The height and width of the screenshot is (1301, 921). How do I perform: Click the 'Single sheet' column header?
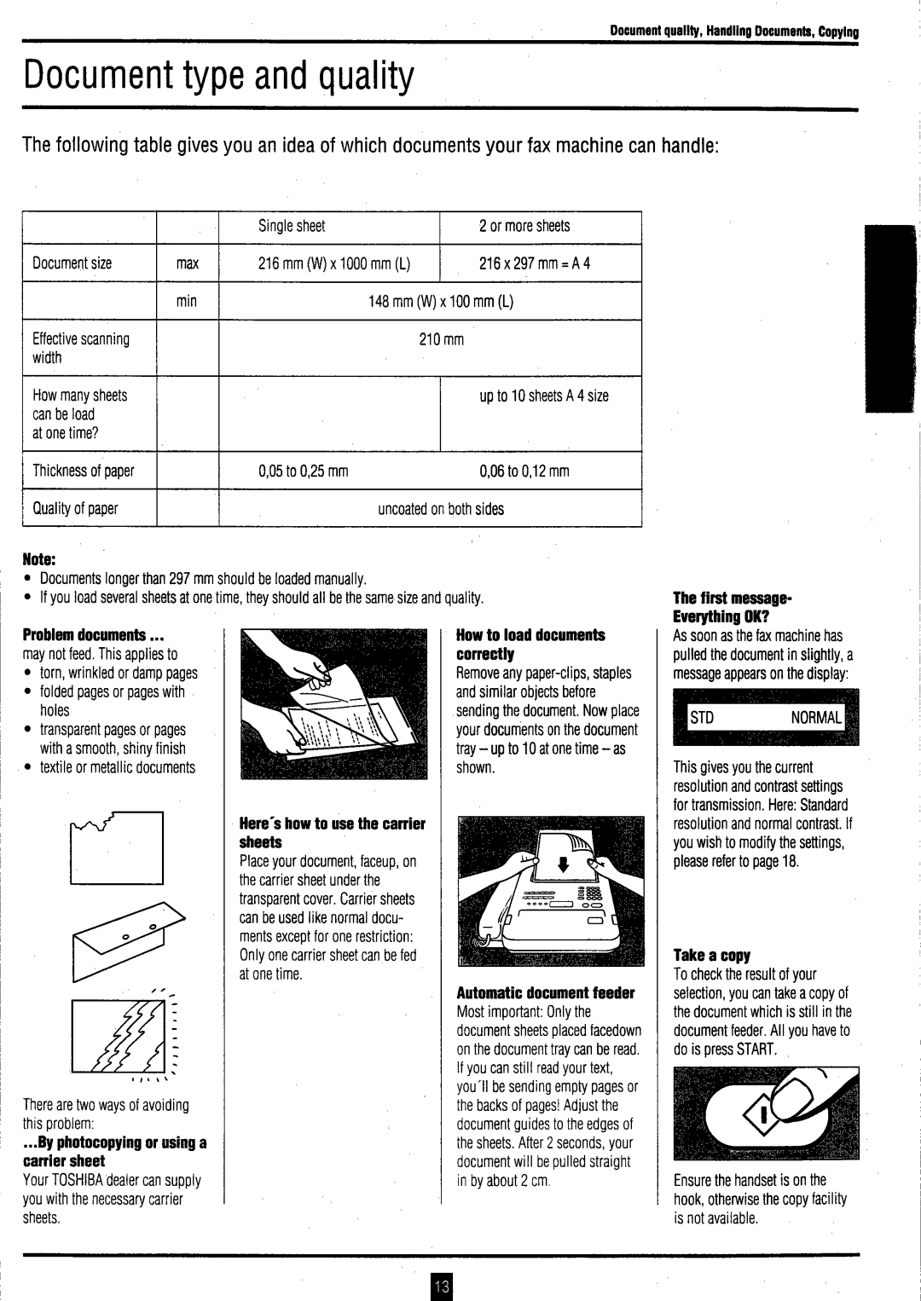(x=292, y=226)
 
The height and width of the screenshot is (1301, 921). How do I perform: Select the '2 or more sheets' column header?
(x=524, y=226)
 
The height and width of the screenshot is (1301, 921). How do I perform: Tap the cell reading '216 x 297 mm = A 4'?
(x=535, y=263)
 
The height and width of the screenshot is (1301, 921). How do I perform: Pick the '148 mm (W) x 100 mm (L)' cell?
(x=441, y=301)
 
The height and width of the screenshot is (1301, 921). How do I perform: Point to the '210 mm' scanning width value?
(x=441, y=339)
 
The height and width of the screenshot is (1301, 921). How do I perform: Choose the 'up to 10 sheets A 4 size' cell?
(x=544, y=396)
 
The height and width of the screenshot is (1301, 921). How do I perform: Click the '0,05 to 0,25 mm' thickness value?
(x=304, y=471)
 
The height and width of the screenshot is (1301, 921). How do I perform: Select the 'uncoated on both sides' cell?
(x=441, y=509)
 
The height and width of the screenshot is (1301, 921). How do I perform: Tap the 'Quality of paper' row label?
(x=75, y=509)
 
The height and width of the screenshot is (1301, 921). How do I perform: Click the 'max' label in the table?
(x=188, y=263)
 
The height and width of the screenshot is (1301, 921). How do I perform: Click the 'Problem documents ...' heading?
(x=93, y=635)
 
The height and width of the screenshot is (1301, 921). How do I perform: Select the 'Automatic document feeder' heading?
(x=546, y=992)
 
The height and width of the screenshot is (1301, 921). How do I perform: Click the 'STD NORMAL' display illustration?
(x=766, y=718)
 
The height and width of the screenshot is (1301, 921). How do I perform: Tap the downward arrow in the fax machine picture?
(x=563, y=866)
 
